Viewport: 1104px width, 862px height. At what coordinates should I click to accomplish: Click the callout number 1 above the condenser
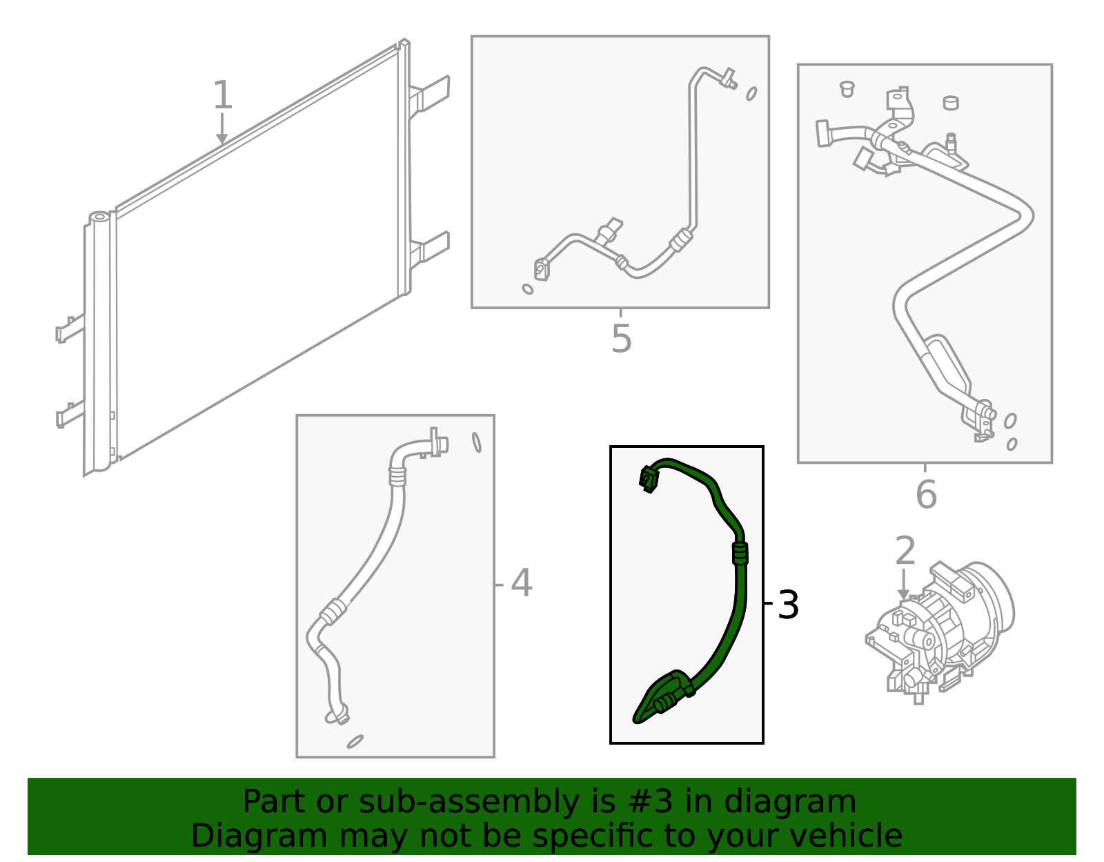[222, 95]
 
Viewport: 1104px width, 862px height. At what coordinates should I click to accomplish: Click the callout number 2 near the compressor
[905, 551]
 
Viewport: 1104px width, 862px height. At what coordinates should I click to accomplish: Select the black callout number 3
[787, 605]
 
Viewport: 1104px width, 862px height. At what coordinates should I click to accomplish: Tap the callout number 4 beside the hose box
[522, 583]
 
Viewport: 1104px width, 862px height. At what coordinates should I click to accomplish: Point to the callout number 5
[621, 340]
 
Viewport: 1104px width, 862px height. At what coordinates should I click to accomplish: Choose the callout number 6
[926, 495]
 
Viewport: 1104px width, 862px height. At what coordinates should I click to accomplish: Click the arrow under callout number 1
[221, 130]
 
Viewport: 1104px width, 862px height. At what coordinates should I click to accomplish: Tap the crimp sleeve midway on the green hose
[740, 554]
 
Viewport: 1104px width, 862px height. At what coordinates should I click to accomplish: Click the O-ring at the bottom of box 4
[355, 741]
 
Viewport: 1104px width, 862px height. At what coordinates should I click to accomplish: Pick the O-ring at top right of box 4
[476, 442]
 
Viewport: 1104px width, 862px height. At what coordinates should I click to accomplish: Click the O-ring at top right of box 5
[751, 93]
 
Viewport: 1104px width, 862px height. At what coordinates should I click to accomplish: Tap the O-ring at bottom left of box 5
[528, 289]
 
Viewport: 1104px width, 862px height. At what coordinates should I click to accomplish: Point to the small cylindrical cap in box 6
[951, 103]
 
